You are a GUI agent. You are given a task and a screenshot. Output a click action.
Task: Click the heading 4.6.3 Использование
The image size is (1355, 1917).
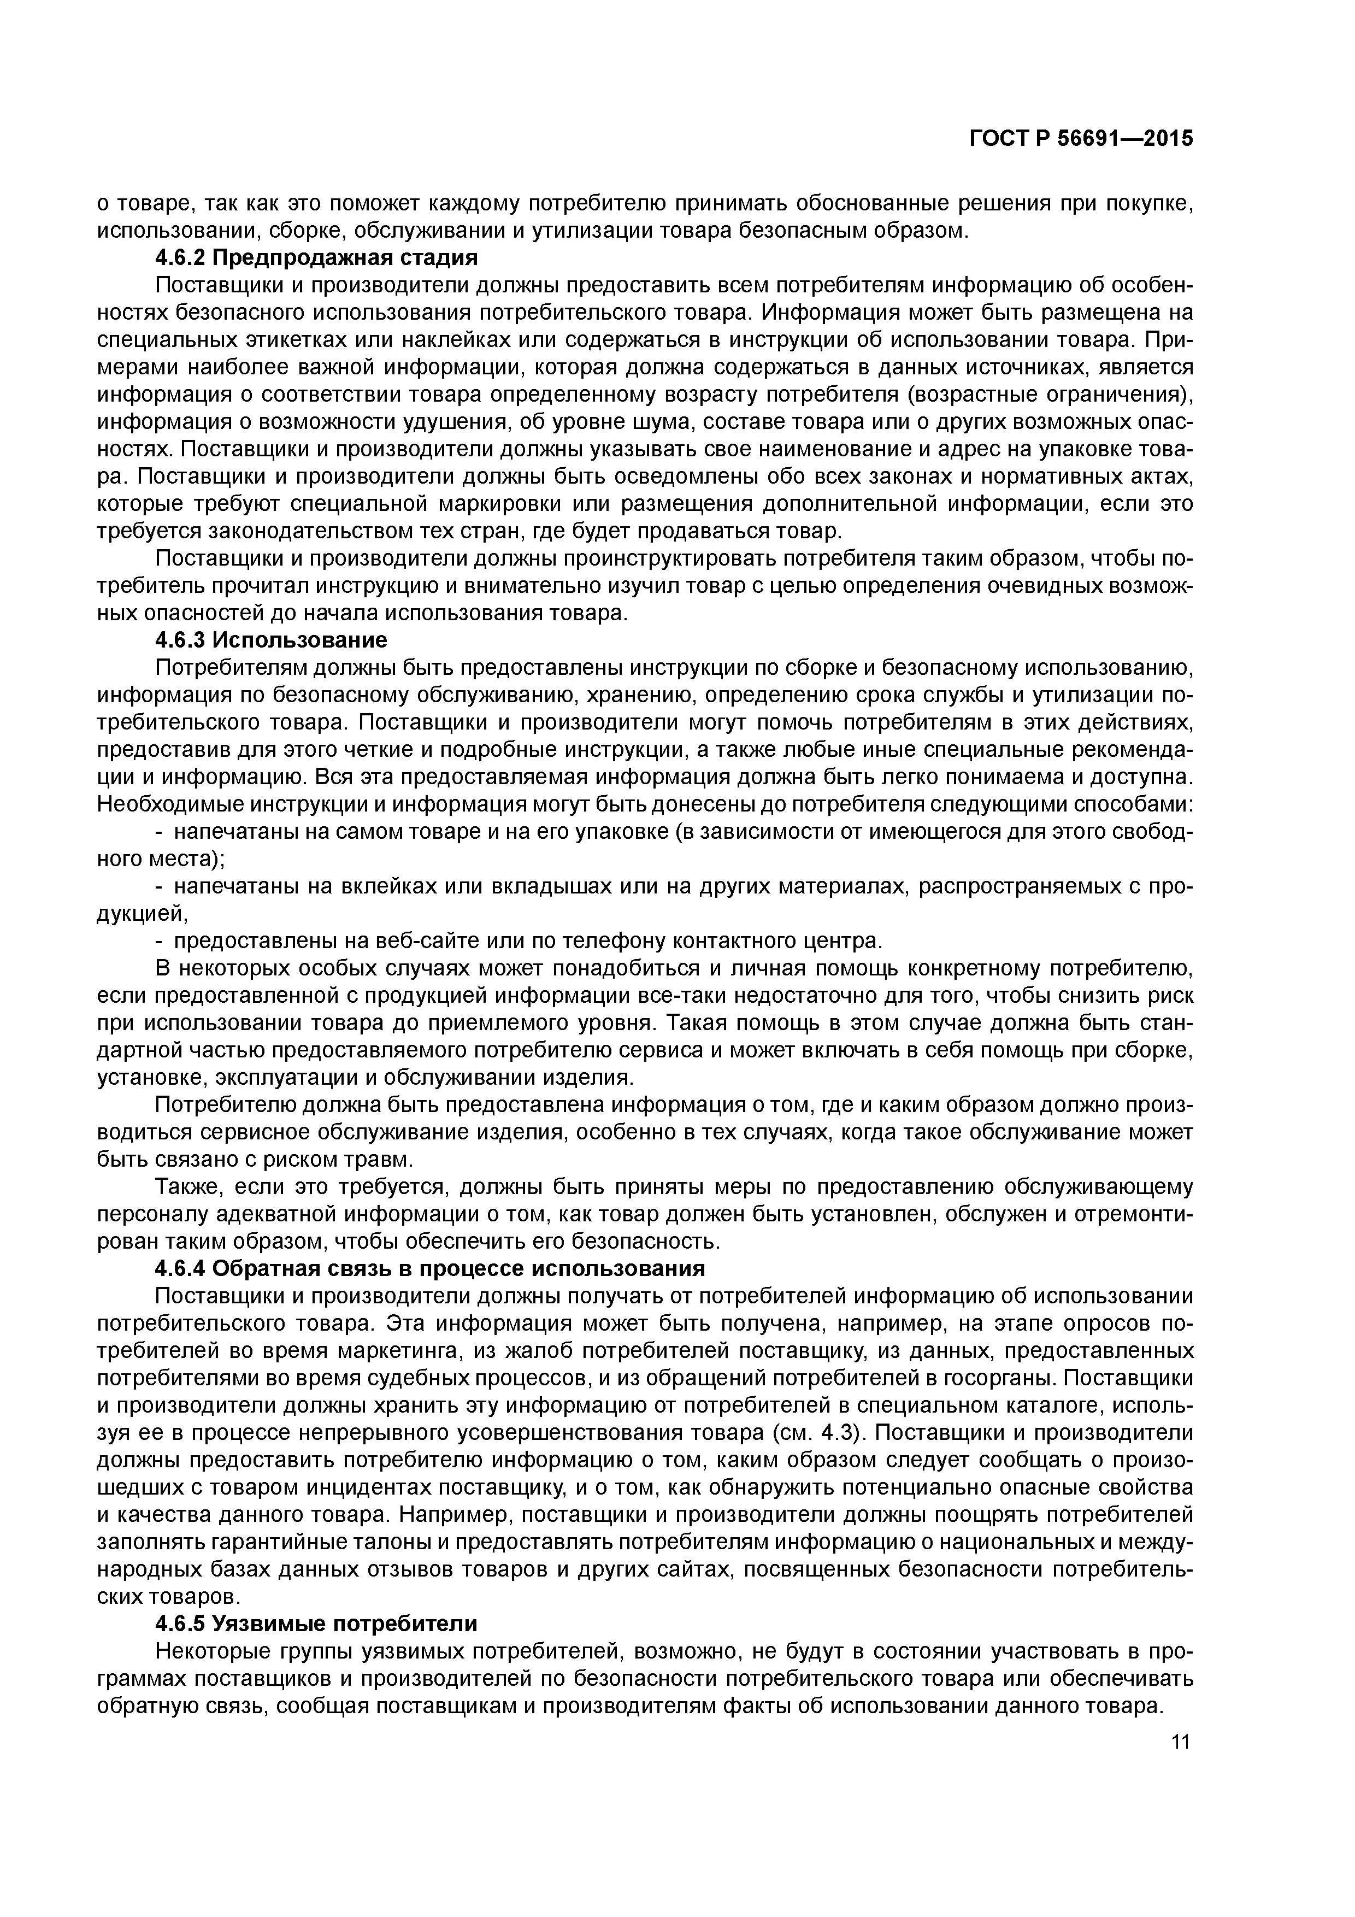[272, 640]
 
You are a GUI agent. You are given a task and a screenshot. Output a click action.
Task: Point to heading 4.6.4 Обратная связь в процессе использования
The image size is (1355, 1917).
[430, 1268]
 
